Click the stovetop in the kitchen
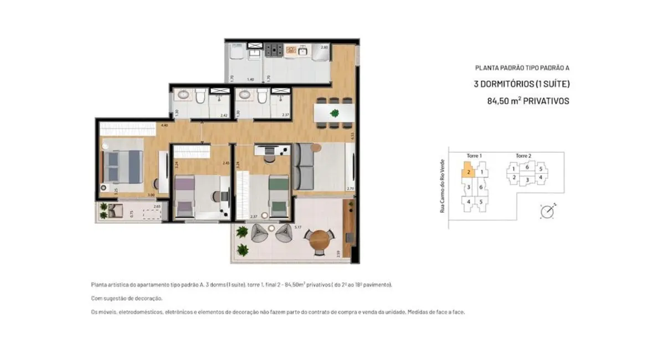pyautogui.click(x=274, y=50)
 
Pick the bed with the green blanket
pyautogui.click(x=279, y=197)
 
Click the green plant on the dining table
pyautogui.click(x=334, y=114)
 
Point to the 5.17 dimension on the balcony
pyautogui.click(x=297, y=228)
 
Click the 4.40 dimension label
pyautogui.click(x=164, y=126)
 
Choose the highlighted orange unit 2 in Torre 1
pyautogui.click(x=468, y=171)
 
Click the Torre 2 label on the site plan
pyautogui.click(x=524, y=156)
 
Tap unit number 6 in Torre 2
pyautogui.click(x=527, y=167)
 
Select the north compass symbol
pyautogui.click(x=547, y=211)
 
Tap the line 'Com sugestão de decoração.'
pyautogui.click(x=127, y=299)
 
